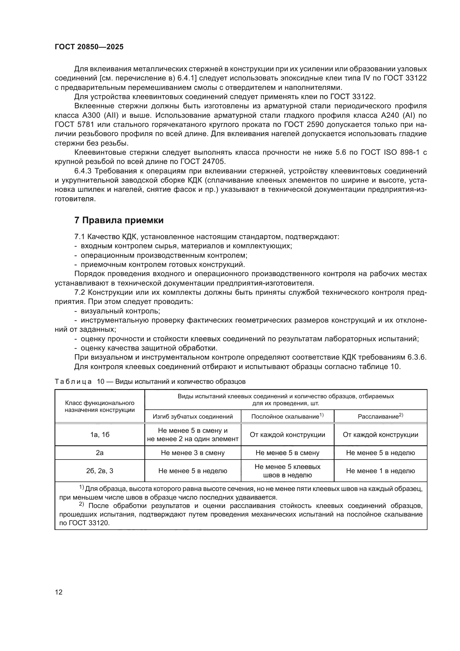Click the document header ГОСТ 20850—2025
point(89,47)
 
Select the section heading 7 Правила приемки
point(119,220)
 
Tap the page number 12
point(59,592)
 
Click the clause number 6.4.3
point(83,171)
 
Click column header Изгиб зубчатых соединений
point(193,417)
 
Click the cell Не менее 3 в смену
point(193,453)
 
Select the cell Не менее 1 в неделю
point(380,471)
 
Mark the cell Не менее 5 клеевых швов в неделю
point(287,471)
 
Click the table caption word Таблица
point(73,382)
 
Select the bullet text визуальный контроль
point(120,311)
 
